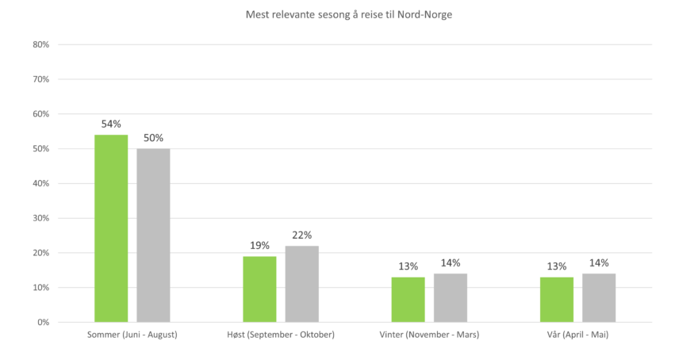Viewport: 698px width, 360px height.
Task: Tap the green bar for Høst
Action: tap(259, 289)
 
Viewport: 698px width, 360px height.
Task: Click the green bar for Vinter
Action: tap(408, 299)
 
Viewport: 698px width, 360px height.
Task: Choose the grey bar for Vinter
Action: tap(451, 297)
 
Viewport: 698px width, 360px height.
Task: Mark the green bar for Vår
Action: tap(556, 299)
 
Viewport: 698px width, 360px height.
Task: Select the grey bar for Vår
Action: tap(599, 297)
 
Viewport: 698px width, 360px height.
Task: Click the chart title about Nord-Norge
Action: tap(349, 13)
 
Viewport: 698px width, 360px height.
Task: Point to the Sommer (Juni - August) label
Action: tap(132, 335)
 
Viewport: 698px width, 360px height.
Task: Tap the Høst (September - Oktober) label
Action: tap(281, 335)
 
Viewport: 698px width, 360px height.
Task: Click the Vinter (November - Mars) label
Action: tap(429, 335)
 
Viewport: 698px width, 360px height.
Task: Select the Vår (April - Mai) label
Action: tap(577, 335)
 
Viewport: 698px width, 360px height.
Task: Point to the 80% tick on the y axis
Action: tap(42, 45)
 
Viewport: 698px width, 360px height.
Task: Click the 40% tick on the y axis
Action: tap(42, 183)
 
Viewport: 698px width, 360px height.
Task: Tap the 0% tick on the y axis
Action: tap(44, 322)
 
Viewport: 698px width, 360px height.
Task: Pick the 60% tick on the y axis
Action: tap(42, 114)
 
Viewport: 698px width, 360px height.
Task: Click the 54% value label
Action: tap(111, 124)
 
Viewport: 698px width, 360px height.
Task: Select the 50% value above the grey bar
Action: tap(153, 138)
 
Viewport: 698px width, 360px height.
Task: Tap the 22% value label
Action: tap(302, 235)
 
